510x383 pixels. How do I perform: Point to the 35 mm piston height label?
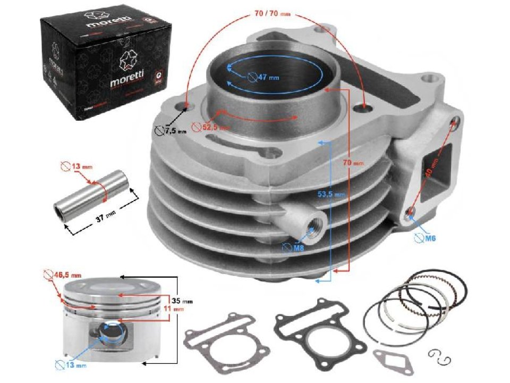[184, 301]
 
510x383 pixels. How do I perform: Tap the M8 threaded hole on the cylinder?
[318, 226]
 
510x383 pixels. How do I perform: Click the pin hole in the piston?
[113, 333]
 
